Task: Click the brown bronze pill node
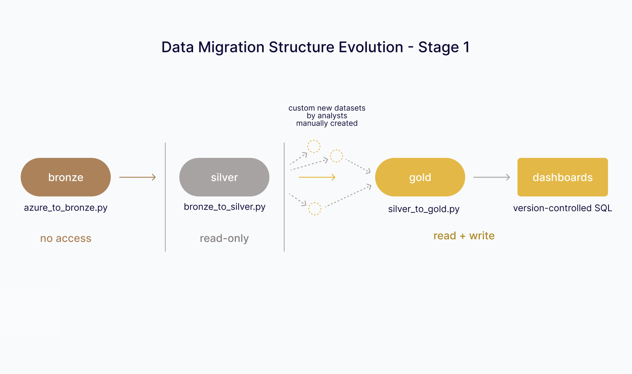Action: [66, 177]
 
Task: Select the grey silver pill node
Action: [224, 177]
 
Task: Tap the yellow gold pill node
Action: [420, 177]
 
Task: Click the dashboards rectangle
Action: [563, 177]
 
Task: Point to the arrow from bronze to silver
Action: [137, 177]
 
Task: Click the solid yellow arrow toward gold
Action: [317, 177]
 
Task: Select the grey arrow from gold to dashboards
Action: [492, 177]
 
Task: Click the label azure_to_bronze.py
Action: [66, 208]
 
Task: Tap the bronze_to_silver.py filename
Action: [225, 207]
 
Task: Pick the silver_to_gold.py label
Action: [424, 209]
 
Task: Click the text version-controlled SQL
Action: [563, 208]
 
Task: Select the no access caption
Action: [66, 238]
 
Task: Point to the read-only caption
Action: [224, 238]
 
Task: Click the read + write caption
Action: [464, 236]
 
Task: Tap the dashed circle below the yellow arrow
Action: [314, 209]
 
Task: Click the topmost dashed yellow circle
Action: [314, 146]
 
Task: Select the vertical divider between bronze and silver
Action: [165, 197]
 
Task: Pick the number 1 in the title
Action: [466, 47]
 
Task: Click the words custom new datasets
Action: [327, 108]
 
